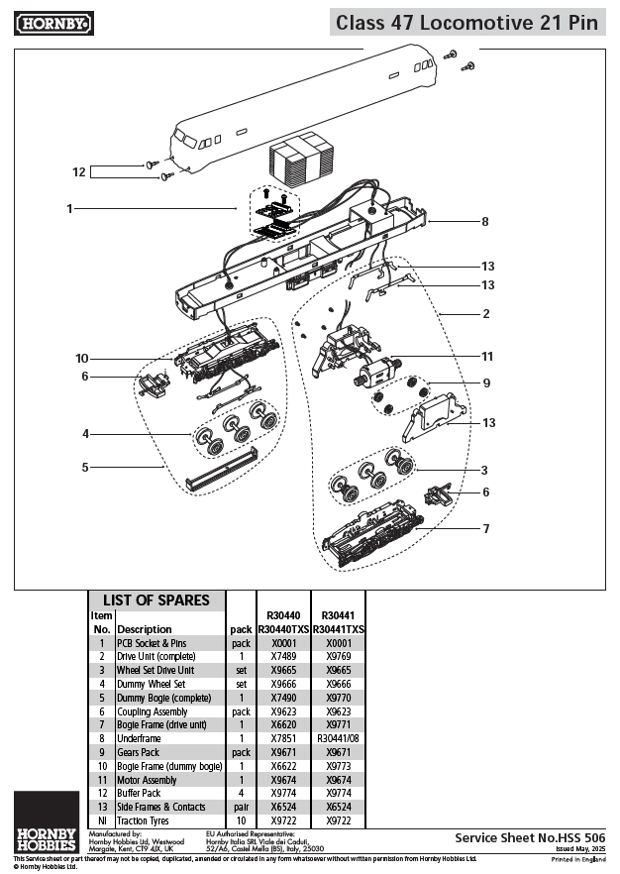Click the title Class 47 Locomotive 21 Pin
tap(466, 22)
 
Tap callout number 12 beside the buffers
tap(79, 171)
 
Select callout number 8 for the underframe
tap(484, 222)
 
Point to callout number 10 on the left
tap(81, 358)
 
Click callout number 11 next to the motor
tap(486, 356)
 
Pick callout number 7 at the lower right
tap(485, 528)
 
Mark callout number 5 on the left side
tap(85, 466)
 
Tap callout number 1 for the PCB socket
tap(69, 209)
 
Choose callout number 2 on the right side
tap(485, 314)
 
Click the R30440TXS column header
tap(282, 629)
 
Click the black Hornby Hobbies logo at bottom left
tap(47, 821)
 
